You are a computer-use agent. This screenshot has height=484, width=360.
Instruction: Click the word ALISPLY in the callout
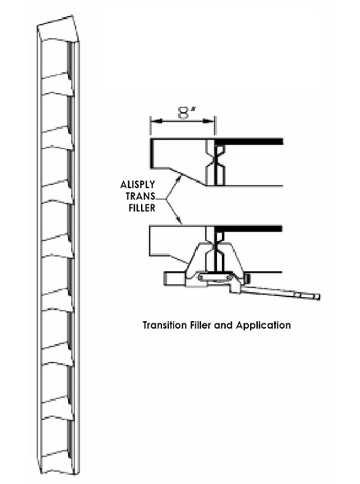[137, 185]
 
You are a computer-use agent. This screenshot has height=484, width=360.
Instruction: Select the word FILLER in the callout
[142, 208]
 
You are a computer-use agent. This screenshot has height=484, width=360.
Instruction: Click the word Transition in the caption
[164, 325]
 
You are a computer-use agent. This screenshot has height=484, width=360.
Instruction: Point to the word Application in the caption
[263, 326]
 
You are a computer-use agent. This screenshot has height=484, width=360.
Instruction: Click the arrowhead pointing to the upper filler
[178, 177]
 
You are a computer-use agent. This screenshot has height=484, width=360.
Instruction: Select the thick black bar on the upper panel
[249, 142]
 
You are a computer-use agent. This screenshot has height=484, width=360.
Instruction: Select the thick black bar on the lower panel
[249, 229]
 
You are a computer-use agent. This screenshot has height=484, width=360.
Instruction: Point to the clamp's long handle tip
[318, 297]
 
